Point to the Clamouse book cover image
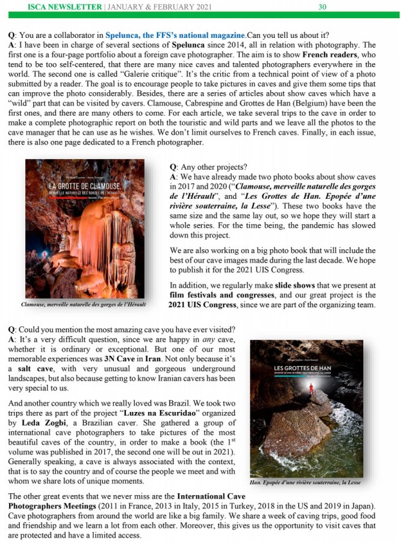click(84, 228)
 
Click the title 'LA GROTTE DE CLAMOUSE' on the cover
click(85, 185)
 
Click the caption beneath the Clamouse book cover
click(83, 304)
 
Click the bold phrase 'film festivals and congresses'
click(222, 294)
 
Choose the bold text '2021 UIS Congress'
click(205, 305)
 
